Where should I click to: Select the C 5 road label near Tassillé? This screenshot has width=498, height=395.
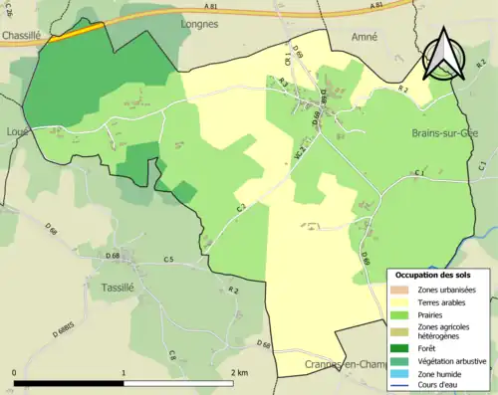(x=168, y=261)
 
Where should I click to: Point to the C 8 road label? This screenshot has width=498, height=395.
(x=171, y=354)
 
